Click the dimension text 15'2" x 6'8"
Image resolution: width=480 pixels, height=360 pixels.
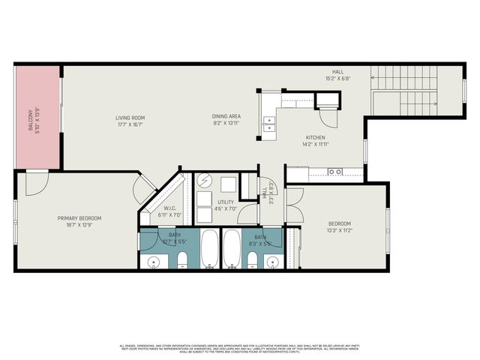[338, 79]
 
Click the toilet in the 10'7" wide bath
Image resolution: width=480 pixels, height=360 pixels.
[182, 259]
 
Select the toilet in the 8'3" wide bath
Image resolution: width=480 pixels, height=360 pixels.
[252, 259]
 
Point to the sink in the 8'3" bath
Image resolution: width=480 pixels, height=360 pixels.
[272, 261]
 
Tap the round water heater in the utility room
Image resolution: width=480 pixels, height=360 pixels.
[205, 182]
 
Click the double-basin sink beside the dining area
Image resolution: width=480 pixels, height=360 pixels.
[268, 124]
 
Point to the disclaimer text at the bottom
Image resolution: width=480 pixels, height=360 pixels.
[240, 349]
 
